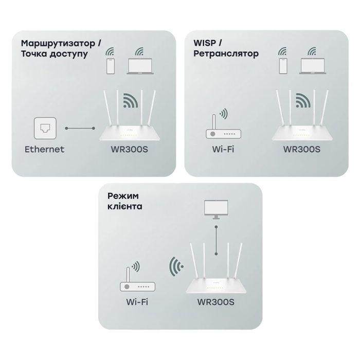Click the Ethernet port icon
click(44, 128)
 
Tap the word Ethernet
click(44, 149)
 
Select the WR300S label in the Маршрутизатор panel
click(130, 149)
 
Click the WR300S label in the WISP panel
click(302, 149)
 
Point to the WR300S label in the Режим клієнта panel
click(215, 302)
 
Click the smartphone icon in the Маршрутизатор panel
click(109, 66)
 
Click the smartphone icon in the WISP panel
click(282, 66)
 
